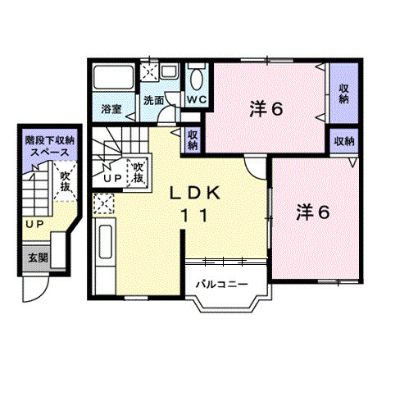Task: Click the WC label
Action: (x=197, y=99)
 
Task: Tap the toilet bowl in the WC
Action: (x=197, y=79)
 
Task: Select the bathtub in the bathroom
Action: (x=114, y=77)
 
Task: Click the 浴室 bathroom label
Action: (x=111, y=109)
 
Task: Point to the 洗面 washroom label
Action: (x=153, y=100)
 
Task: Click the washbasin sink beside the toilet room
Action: (x=169, y=71)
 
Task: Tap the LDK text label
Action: (x=195, y=194)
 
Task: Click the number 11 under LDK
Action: (x=195, y=216)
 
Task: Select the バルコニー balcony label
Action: (x=222, y=285)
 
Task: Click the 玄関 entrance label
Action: (x=39, y=258)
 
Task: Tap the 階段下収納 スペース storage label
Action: (x=50, y=146)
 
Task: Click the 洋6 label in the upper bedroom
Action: (x=266, y=109)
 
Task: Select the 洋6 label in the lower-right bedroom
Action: (x=313, y=212)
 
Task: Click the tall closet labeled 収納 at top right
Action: (x=344, y=94)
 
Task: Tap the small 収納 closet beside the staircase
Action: (x=193, y=140)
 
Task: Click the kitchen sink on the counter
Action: (x=105, y=241)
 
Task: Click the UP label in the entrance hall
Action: (x=34, y=225)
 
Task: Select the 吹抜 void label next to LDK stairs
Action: (x=139, y=173)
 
